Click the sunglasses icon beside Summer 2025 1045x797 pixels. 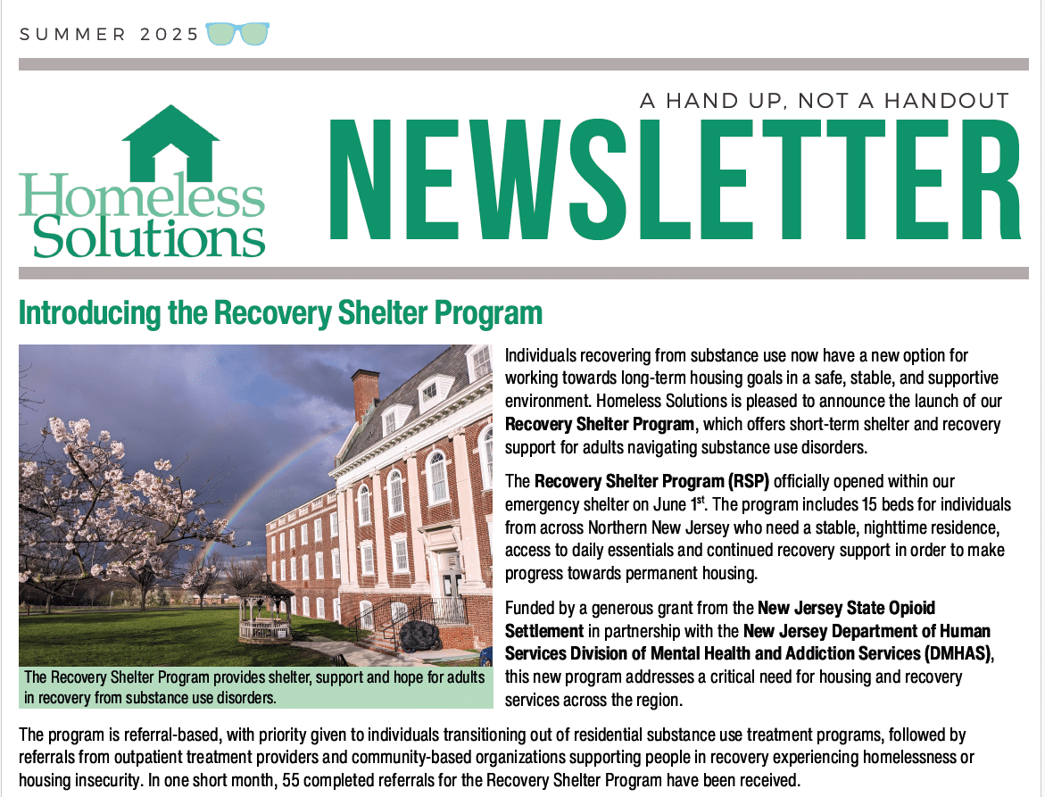237,34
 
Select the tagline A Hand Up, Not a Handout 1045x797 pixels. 824,100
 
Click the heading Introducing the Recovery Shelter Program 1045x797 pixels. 280,314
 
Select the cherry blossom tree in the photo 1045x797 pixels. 107,500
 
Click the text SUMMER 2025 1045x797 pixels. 109,35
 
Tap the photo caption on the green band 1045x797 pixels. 255,686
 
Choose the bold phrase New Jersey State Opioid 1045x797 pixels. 846,609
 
